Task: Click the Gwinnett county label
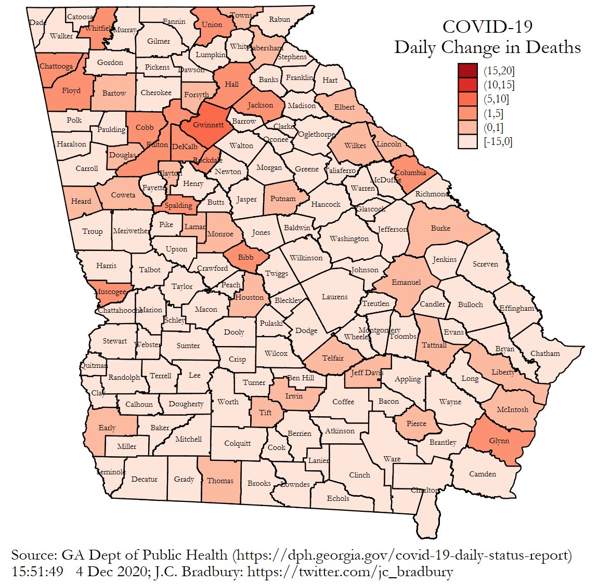pos(209,125)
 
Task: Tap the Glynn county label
pos(499,441)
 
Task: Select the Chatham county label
pos(545,354)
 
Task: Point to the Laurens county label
pos(334,297)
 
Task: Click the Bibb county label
pos(246,257)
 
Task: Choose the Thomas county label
pos(220,481)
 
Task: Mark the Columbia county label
pos(410,172)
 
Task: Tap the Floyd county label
pos(71,90)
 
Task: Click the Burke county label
pos(440,228)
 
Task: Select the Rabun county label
pos(280,20)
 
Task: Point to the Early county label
pos(107,428)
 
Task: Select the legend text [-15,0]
pos(498,141)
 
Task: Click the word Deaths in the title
pos(553,47)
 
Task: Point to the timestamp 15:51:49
pos(37,572)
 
